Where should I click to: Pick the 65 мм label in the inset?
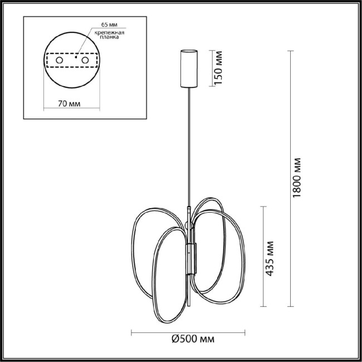(110, 26)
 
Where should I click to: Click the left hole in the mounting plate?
(61, 58)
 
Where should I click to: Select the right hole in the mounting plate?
(85, 58)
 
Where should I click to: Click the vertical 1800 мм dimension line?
(289, 178)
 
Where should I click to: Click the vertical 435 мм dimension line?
(262, 256)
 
